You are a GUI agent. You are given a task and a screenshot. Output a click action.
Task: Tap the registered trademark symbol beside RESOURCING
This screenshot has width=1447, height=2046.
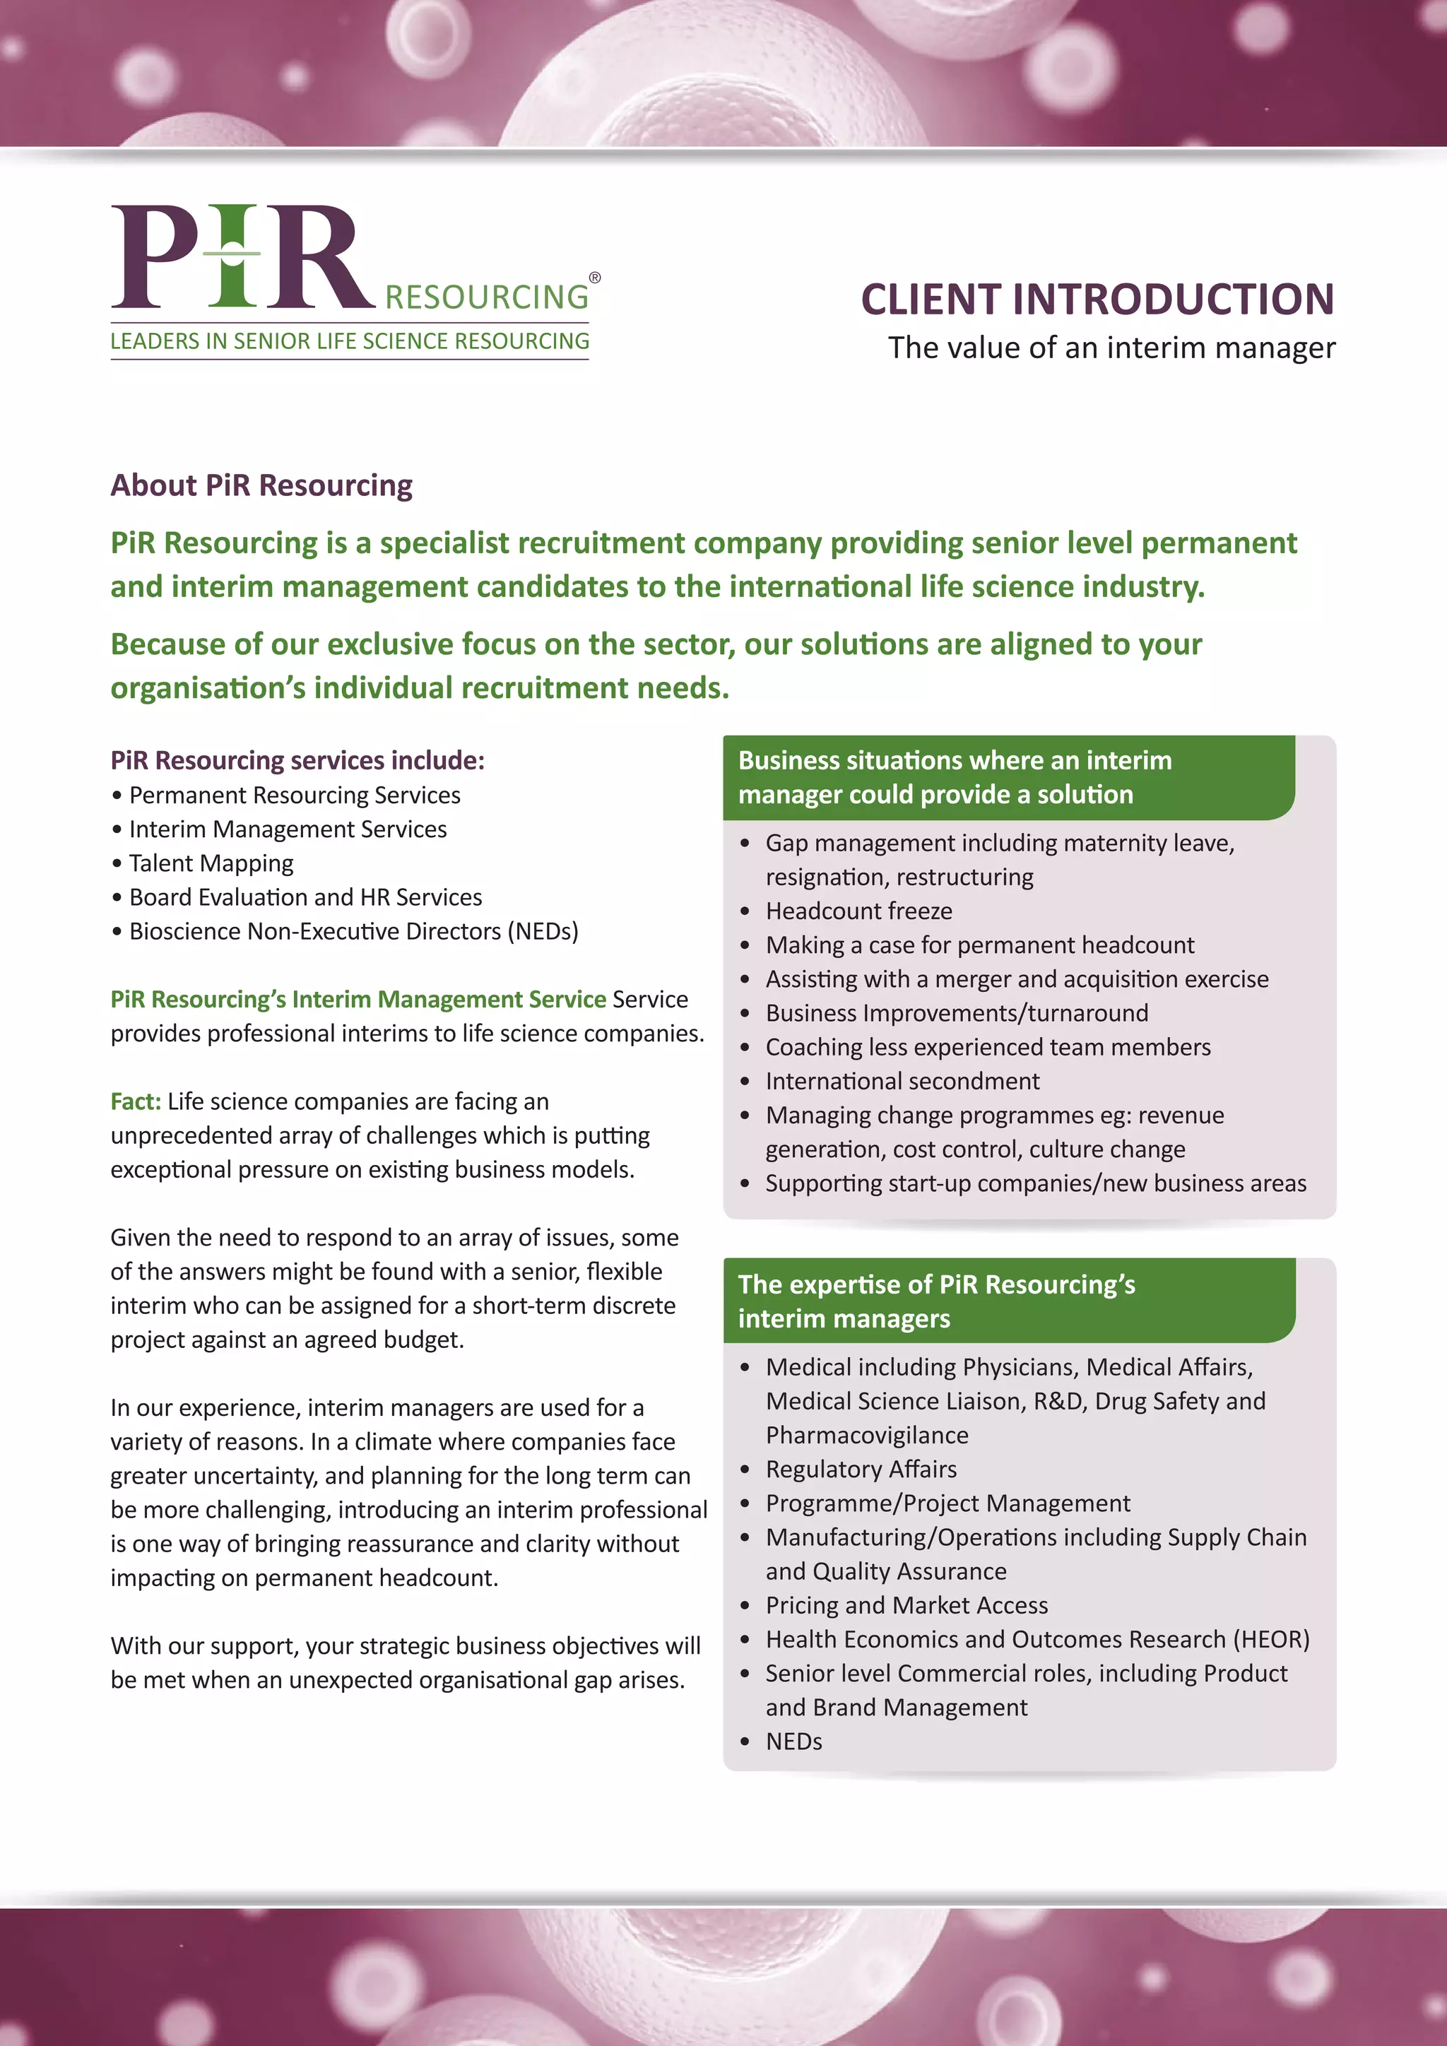tap(595, 278)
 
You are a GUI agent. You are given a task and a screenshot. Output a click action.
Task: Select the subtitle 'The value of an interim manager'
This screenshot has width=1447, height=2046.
tap(1111, 348)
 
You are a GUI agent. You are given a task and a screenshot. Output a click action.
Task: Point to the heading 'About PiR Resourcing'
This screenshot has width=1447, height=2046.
tap(261, 485)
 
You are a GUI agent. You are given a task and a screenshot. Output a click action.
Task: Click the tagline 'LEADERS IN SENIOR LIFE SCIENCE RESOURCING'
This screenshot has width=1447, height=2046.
tap(349, 341)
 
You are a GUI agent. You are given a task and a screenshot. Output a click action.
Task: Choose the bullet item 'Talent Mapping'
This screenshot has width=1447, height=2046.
tap(211, 863)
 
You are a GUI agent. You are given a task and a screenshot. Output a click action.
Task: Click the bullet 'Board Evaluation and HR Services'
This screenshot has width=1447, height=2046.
tap(306, 897)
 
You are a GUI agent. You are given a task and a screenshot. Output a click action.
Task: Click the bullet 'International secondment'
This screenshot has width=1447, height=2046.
tap(902, 1081)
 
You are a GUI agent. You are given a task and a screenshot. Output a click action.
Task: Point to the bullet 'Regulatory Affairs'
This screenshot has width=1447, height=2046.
tap(861, 1470)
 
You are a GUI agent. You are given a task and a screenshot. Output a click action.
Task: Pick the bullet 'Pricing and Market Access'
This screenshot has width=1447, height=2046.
tap(906, 1606)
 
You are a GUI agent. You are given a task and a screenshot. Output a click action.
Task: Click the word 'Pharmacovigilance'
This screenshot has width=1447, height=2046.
tap(867, 1436)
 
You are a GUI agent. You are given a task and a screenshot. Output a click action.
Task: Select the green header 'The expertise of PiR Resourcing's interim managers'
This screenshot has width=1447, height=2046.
tap(936, 1301)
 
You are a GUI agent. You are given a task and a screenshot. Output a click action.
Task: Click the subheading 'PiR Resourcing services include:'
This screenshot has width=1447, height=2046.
tap(297, 760)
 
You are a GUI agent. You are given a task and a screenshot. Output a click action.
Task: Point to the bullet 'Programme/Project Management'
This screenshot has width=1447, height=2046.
tap(948, 1503)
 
